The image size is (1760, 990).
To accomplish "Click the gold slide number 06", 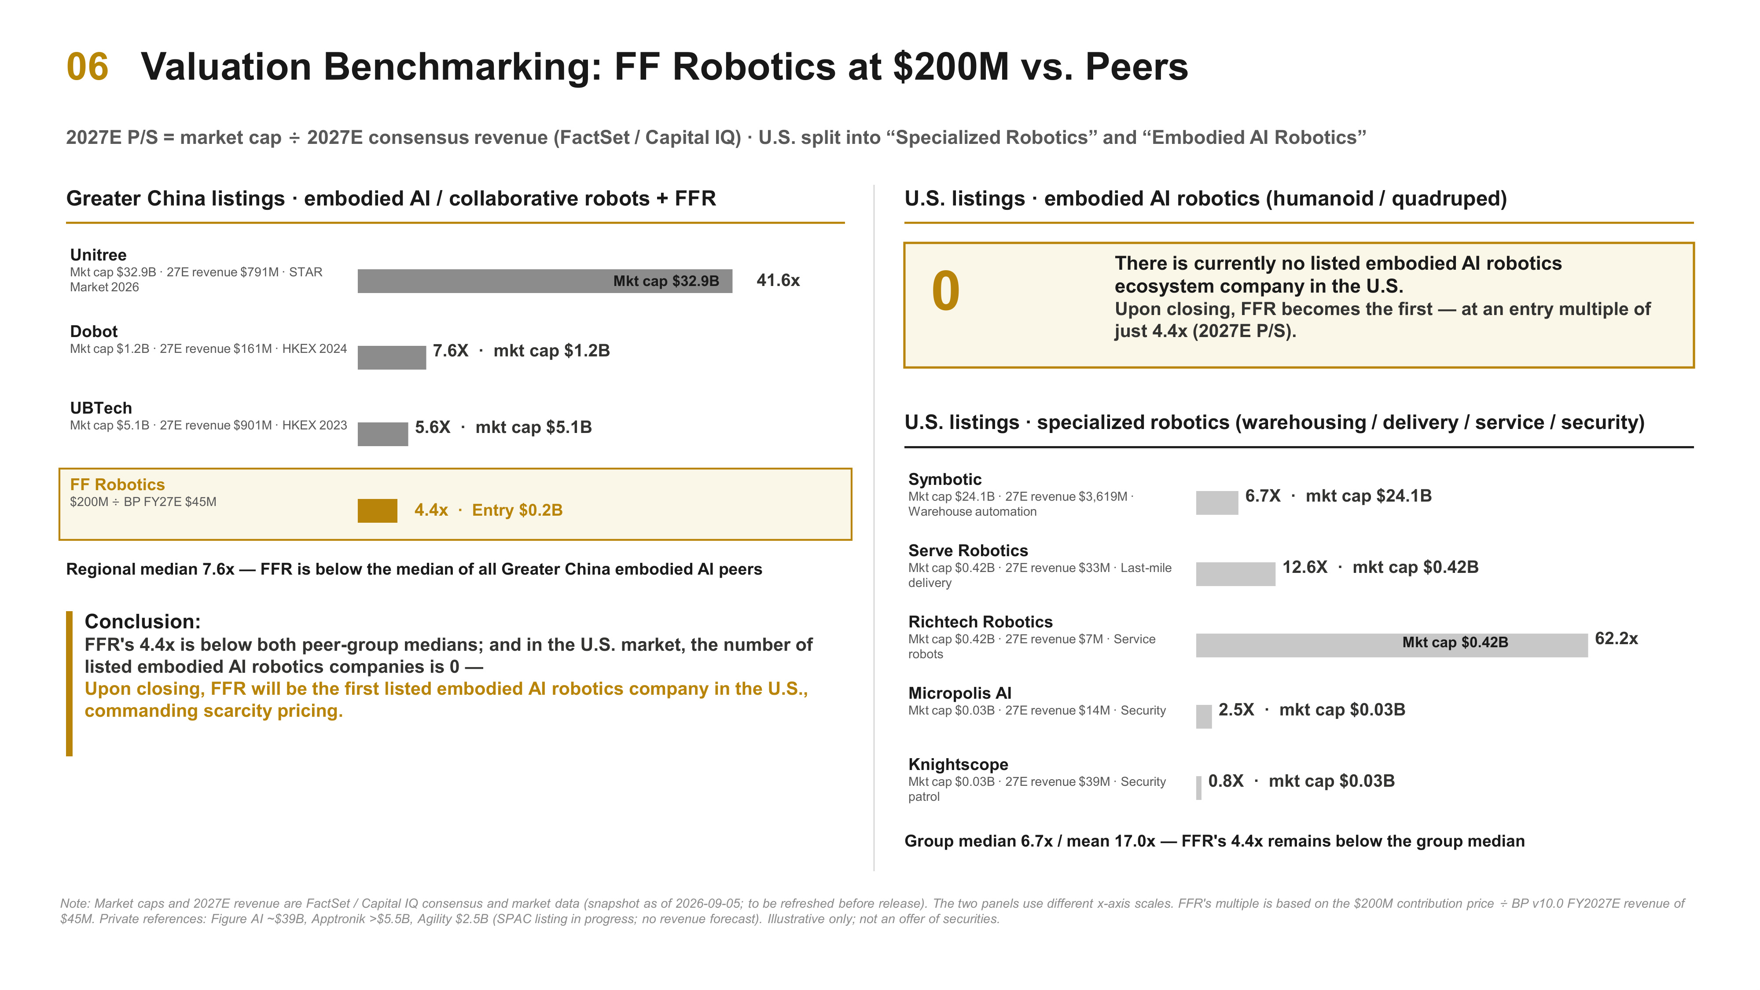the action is (x=88, y=67).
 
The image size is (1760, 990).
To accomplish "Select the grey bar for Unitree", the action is (x=544, y=281).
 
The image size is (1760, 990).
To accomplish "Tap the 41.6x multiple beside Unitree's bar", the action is (x=778, y=280).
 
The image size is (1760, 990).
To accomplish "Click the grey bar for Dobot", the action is (x=392, y=357).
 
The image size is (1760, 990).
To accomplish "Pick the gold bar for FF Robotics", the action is (x=377, y=510).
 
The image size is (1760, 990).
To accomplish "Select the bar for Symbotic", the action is (x=1217, y=503).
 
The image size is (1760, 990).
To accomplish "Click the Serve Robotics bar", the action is (x=1235, y=574).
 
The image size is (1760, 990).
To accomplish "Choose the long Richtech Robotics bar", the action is (x=1392, y=645).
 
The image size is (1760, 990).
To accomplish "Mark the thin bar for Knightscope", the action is (x=1198, y=788).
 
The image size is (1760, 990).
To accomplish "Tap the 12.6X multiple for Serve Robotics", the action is (x=1304, y=567).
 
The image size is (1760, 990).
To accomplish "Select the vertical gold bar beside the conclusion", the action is (x=69, y=683).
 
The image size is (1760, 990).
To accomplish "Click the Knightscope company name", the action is (x=958, y=765).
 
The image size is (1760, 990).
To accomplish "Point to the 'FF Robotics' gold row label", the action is (x=118, y=484).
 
